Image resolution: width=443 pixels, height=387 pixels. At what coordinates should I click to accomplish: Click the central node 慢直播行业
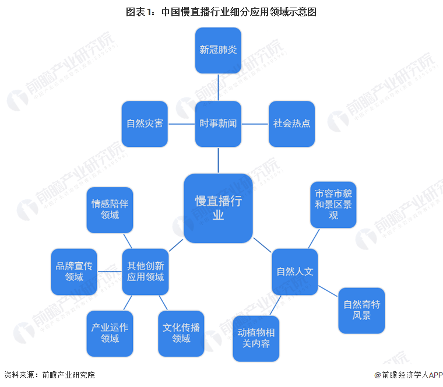click(218, 208)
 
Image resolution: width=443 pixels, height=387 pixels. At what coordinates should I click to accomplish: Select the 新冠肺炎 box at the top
click(218, 50)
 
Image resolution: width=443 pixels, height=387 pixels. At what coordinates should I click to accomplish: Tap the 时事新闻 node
click(218, 124)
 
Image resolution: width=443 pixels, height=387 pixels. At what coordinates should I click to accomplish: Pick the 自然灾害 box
click(145, 124)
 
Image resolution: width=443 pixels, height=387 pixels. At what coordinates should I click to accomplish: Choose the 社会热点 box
click(291, 124)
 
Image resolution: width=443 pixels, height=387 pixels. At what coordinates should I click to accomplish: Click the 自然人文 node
click(295, 272)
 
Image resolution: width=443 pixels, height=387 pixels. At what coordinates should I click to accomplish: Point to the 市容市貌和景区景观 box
click(333, 204)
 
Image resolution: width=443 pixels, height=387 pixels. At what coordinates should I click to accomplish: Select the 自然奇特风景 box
click(361, 310)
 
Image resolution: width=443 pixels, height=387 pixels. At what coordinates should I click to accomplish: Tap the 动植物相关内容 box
click(256, 339)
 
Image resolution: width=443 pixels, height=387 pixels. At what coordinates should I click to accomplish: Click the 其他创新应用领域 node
click(145, 272)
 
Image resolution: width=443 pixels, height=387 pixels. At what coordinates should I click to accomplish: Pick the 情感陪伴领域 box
click(110, 210)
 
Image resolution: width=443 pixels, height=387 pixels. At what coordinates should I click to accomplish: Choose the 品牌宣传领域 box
click(74, 272)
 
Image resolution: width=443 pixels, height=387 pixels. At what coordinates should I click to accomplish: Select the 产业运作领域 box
click(110, 333)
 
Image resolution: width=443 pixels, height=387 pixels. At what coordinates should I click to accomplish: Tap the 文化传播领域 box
click(181, 333)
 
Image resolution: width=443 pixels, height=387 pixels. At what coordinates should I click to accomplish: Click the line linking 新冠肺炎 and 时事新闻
click(218, 87)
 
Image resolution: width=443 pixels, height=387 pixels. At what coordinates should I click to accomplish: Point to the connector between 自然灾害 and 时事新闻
click(181, 124)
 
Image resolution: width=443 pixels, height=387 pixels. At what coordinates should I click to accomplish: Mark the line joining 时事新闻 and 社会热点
click(255, 124)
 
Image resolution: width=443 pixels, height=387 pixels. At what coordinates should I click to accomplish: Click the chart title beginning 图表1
click(221, 11)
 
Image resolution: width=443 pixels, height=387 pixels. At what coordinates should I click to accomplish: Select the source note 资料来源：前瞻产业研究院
click(49, 375)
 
